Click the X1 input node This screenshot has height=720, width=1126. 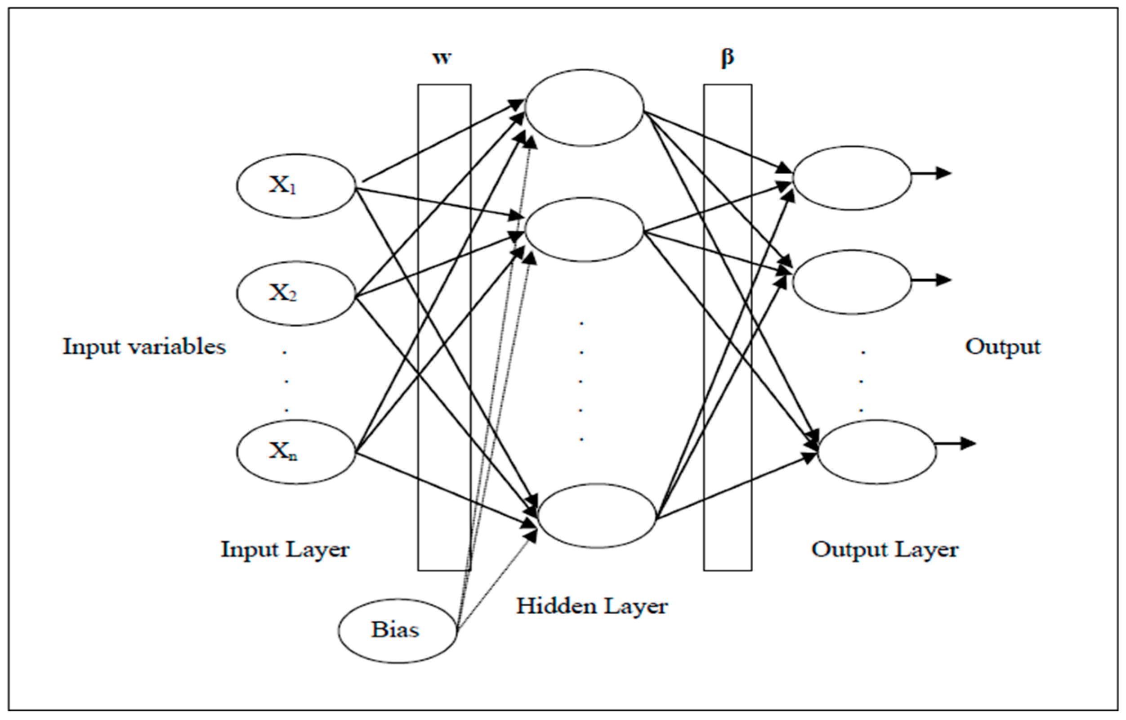(296, 186)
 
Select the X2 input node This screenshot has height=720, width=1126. (296, 293)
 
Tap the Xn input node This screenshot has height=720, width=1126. (296, 452)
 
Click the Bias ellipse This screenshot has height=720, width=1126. (397, 631)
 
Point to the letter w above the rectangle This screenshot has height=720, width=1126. (442, 58)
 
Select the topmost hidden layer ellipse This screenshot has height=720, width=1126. (584, 108)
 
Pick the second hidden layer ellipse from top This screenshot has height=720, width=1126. (584, 229)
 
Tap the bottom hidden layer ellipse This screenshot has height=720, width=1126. (597, 516)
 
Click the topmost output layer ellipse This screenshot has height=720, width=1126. (852, 178)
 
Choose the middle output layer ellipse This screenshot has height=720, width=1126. (852, 282)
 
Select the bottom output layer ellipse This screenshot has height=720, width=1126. (877, 452)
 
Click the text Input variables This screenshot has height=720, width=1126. (144, 347)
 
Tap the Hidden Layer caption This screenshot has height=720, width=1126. (591, 606)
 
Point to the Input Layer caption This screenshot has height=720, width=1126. (285, 549)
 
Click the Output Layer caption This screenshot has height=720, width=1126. (885, 550)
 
